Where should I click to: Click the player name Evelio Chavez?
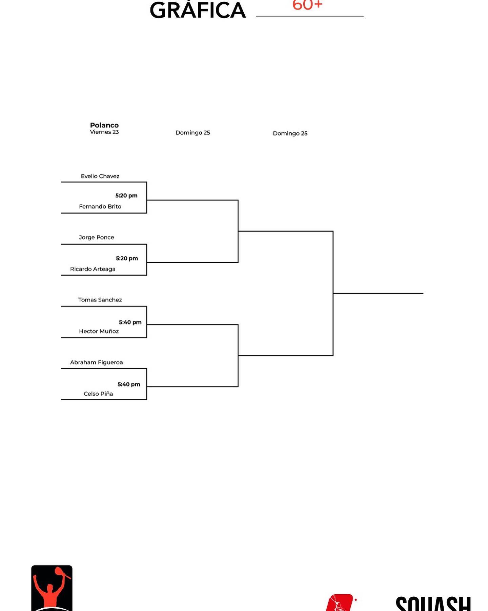tap(100, 176)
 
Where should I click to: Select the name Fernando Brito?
tap(100, 206)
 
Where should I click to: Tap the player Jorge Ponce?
tap(96, 237)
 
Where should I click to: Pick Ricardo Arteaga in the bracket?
tap(93, 269)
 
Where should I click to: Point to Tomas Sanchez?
tap(100, 300)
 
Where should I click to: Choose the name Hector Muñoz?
tap(99, 331)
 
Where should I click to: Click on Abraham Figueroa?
tap(96, 363)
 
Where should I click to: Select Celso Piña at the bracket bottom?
tap(98, 394)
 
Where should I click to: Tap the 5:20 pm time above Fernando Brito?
tap(126, 196)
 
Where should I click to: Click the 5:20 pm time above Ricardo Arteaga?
tap(127, 258)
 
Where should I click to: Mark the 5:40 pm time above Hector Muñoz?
tap(130, 322)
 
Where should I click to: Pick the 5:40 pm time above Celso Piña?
tap(129, 384)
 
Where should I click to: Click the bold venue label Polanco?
tap(104, 125)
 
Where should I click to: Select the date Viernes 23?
tap(104, 132)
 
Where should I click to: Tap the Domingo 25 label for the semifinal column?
tap(193, 133)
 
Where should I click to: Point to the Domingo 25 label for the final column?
tap(290, 133)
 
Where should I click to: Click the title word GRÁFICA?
tap(198, 10)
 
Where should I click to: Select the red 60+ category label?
tap(307, 5)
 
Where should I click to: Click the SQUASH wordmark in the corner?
tap(433, 604)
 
